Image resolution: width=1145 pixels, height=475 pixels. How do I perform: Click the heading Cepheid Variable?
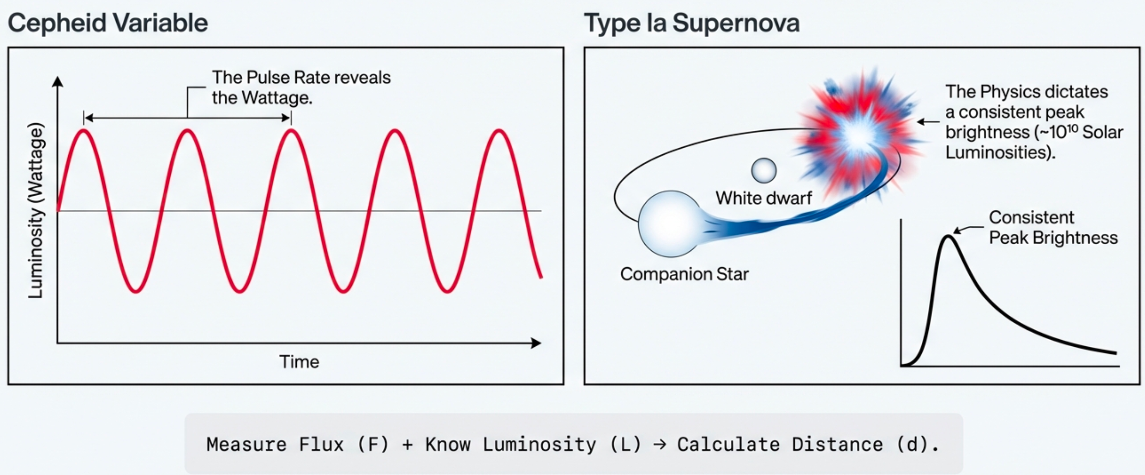tap(108, 23)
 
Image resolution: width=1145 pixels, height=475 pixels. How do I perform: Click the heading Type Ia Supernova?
tap(692, 23)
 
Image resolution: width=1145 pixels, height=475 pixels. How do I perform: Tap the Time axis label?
tap(299, 362)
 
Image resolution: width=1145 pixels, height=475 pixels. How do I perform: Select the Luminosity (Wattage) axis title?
tap(36, 210)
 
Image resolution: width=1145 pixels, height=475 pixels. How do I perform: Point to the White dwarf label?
tap(763, 198)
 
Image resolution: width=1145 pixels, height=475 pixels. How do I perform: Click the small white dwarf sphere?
tap(763, 171)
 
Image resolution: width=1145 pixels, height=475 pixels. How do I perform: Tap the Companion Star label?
tap(684, 274)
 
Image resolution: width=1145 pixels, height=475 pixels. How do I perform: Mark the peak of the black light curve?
tap(948, 237)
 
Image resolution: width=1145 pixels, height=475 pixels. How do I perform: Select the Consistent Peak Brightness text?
tap(1052, 228)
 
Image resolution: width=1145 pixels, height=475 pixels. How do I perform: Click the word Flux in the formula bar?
tap(321, 444)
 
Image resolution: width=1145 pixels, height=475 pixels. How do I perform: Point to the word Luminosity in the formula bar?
tap(539, 444)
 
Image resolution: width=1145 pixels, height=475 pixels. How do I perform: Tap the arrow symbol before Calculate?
tap(660, 444)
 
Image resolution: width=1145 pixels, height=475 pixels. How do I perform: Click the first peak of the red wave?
tap(83, 130)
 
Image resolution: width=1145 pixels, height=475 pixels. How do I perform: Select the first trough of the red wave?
tap(136, 291)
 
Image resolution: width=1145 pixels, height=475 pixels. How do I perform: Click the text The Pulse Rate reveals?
tap(301, 77)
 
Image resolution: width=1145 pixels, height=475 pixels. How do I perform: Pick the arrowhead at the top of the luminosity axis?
tap(57, 82)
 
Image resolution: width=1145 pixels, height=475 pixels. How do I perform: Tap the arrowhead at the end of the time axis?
tap(537, 343)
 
